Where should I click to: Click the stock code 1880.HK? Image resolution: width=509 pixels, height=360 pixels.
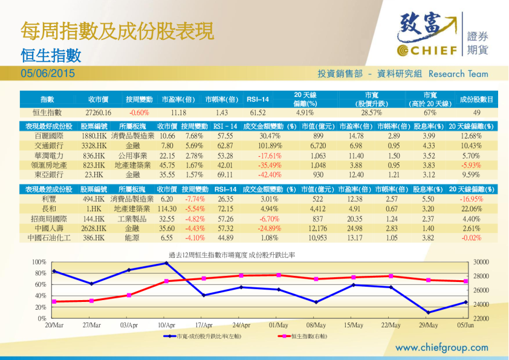click(x=94, y=136)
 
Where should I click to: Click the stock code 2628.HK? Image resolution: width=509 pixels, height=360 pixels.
click(x=94, y=228)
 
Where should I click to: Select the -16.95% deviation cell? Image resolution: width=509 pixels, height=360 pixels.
click(x=471, y=198)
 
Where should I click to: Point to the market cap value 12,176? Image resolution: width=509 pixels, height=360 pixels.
click(x=317, y=228)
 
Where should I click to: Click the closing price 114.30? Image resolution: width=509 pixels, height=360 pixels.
click(x=167, y=209)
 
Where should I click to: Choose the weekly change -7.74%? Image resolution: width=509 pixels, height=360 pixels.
click(x=193, y=198)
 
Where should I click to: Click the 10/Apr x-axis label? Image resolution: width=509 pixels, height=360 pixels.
click(x=167, y=325)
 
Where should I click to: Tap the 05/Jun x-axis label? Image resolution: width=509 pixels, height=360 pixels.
click(x=465, y=325)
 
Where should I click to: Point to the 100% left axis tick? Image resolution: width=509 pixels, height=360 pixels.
click(x=39, y=262)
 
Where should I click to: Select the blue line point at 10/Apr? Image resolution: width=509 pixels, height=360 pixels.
click(x=167, y=263)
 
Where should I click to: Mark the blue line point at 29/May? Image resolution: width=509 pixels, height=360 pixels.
click(x=428, y=313)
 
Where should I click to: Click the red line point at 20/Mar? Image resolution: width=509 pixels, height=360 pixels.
click(x=54, y=301)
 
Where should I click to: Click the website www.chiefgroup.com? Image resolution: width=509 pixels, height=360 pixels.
click(x=441, y=347)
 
